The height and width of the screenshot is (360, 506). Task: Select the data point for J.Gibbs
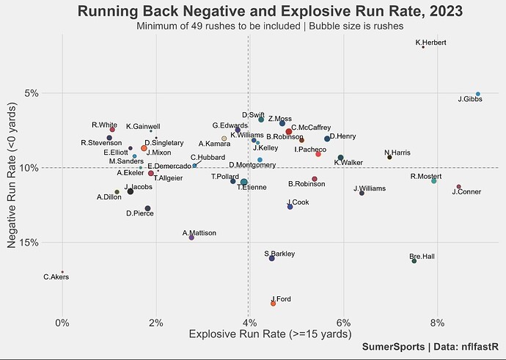click(478, 94)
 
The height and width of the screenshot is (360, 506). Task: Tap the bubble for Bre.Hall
click(414, 261)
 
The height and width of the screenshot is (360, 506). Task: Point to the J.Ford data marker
click(274, 303)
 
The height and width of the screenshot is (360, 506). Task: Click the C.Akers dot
click(62, 272)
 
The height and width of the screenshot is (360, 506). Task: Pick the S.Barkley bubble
click(272, 258)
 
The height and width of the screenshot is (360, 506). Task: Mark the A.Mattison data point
click(191, 238)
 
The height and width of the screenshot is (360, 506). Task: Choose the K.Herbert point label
click(430, 42)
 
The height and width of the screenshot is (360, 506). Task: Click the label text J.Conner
click(466, 192)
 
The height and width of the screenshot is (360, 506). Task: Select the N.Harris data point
click(389, 157)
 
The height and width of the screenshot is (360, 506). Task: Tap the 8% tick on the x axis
click(437, 323)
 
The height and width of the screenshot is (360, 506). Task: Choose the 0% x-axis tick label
click(62, 323)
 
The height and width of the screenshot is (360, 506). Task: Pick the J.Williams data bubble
click(362, 193)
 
